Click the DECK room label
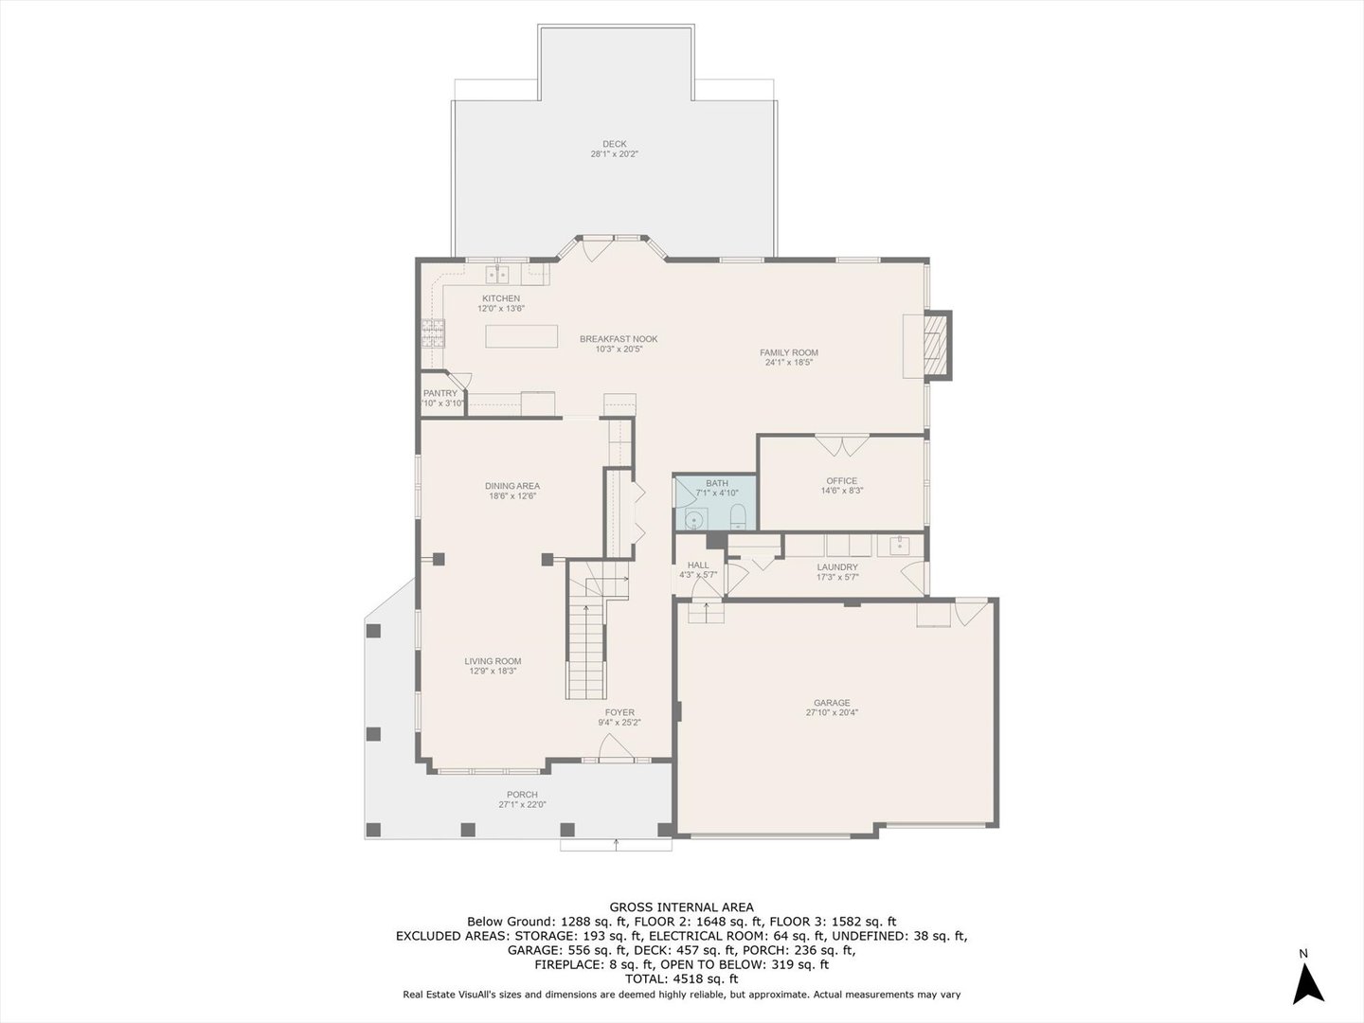tap(615, 144)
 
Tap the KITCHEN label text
tap(500, 298)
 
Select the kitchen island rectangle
tap(522, 336)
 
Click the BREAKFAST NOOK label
tap(619, 339)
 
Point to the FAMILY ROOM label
tap(789, 352)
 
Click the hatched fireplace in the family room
tap(936, 345)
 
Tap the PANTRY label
tap(440, 393)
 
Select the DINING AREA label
tap(512, 486)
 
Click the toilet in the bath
tap(739, 516)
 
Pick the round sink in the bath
tap(695, 518)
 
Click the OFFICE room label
tap(841, 481)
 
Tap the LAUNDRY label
tap(837, 567)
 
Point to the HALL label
tap(698, 565)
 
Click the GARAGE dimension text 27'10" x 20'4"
tap(832, 712)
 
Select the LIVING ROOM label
tap(493, 661)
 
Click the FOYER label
tap(619, 712)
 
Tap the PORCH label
tap(522, 795)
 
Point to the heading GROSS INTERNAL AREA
tap(681, 907)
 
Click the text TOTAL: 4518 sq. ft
tap(681, 978)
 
